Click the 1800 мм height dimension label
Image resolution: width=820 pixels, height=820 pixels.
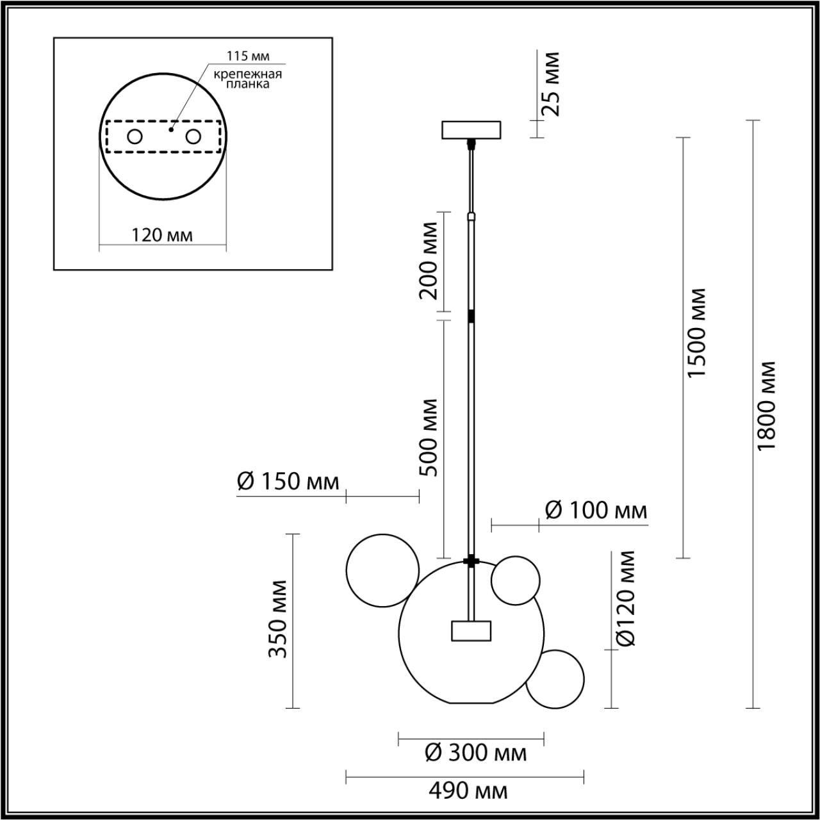point(766,405)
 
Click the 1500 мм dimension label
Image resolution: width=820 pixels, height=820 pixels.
point(696,332)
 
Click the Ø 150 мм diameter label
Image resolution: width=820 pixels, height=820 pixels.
point(288,482)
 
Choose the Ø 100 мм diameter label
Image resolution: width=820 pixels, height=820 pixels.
point(596,511)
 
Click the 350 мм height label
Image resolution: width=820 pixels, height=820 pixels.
point(277,619)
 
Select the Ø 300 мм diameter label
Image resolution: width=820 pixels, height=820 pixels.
point(475,753)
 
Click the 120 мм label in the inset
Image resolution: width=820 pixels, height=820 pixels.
point(162,235)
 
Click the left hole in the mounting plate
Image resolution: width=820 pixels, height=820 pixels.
point(135,136)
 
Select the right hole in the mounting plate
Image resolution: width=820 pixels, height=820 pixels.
point(193,136)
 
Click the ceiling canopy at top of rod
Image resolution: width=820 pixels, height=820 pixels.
point(472,130)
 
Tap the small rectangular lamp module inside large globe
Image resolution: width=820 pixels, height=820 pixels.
point(470,630)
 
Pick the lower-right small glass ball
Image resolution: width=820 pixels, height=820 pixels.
point(555,680)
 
